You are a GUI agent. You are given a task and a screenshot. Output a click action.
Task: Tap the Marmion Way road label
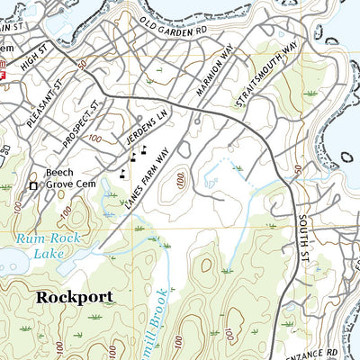coord(215,69)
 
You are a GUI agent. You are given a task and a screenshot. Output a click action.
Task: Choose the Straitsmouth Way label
coord(265,73)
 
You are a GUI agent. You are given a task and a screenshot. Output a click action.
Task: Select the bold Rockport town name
coord(75,296)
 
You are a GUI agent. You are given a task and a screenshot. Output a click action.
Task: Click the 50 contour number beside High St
coord(82,67)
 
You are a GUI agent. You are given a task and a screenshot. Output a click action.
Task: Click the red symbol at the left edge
coord(4,77)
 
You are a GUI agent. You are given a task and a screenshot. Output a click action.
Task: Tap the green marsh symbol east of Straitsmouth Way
coord(311,93)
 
